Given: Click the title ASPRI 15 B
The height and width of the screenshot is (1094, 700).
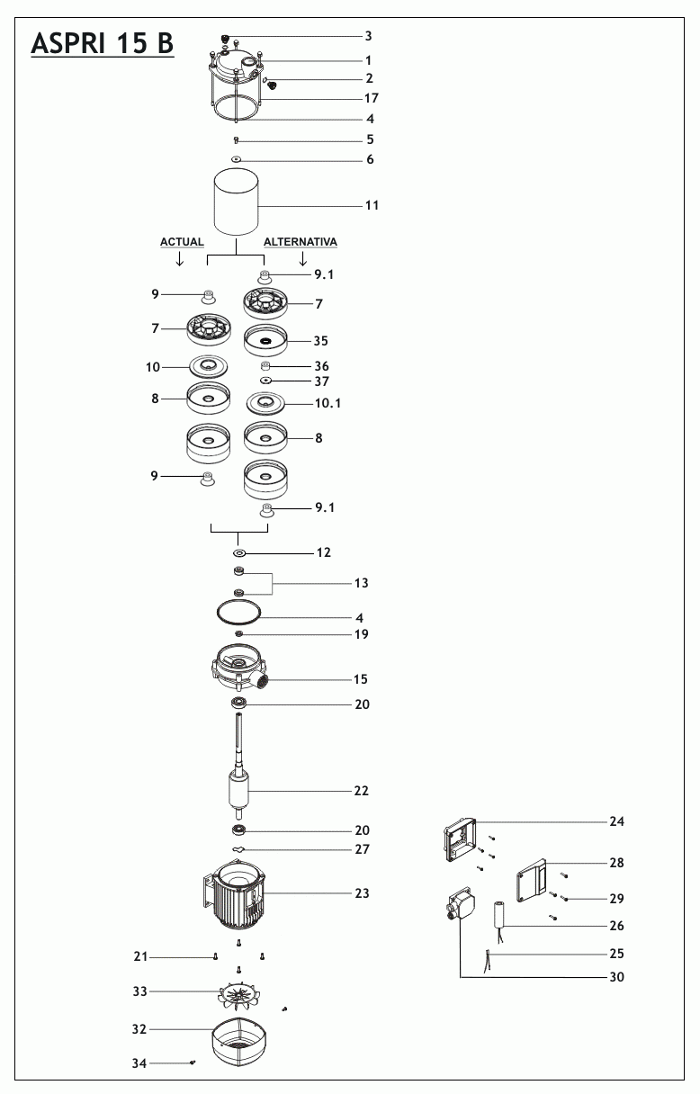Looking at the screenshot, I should (102, 43).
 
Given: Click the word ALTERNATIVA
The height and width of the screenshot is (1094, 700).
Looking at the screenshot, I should (301, 243).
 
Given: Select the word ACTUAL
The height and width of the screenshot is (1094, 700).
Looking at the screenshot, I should (182, 243).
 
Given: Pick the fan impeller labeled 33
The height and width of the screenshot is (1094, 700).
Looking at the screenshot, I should (238, 992).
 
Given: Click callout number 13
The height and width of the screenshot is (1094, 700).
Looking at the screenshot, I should (361, 583).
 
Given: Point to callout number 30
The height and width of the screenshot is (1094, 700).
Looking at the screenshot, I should (616, 977).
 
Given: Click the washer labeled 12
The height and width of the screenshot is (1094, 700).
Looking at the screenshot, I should (238, 552).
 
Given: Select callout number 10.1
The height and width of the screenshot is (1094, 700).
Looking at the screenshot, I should (328, 404).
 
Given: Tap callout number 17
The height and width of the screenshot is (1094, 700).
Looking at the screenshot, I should (372, 98).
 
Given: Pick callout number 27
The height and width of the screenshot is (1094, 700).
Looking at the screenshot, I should (362, 849).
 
